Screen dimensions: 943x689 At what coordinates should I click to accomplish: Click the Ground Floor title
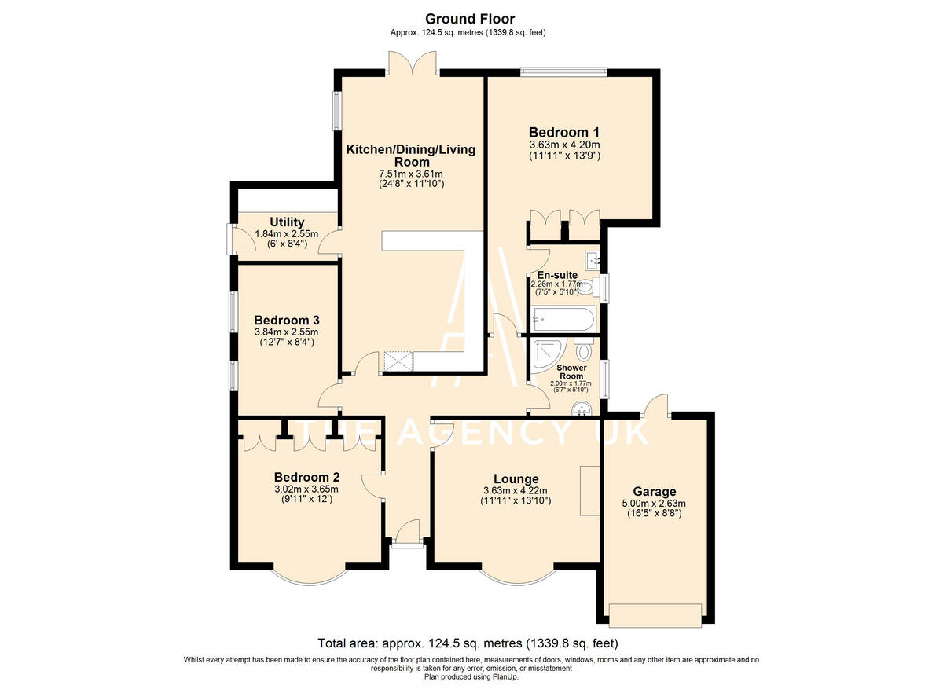[470, 19]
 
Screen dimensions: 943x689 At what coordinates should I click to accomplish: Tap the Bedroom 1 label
[564, 132]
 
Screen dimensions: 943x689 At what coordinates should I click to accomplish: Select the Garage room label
[655, 491]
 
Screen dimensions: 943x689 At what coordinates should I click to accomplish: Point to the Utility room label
[287, 222]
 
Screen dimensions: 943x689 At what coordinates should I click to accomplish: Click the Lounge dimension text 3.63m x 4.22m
[516, 490]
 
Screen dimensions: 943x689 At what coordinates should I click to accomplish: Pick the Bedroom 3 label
[287, 320]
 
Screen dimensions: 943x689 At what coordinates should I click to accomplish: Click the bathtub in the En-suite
[563, 319]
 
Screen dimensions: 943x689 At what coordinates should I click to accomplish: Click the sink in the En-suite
[593, 261]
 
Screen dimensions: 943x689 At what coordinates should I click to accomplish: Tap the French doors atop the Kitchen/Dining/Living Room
[413, 63]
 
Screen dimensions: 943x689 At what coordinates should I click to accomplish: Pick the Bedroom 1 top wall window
[563, 71]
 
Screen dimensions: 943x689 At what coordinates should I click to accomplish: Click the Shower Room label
[572, 372]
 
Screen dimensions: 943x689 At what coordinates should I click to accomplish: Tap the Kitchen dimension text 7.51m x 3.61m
[411, 174]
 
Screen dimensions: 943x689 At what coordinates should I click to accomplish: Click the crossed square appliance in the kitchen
[398, 362]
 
